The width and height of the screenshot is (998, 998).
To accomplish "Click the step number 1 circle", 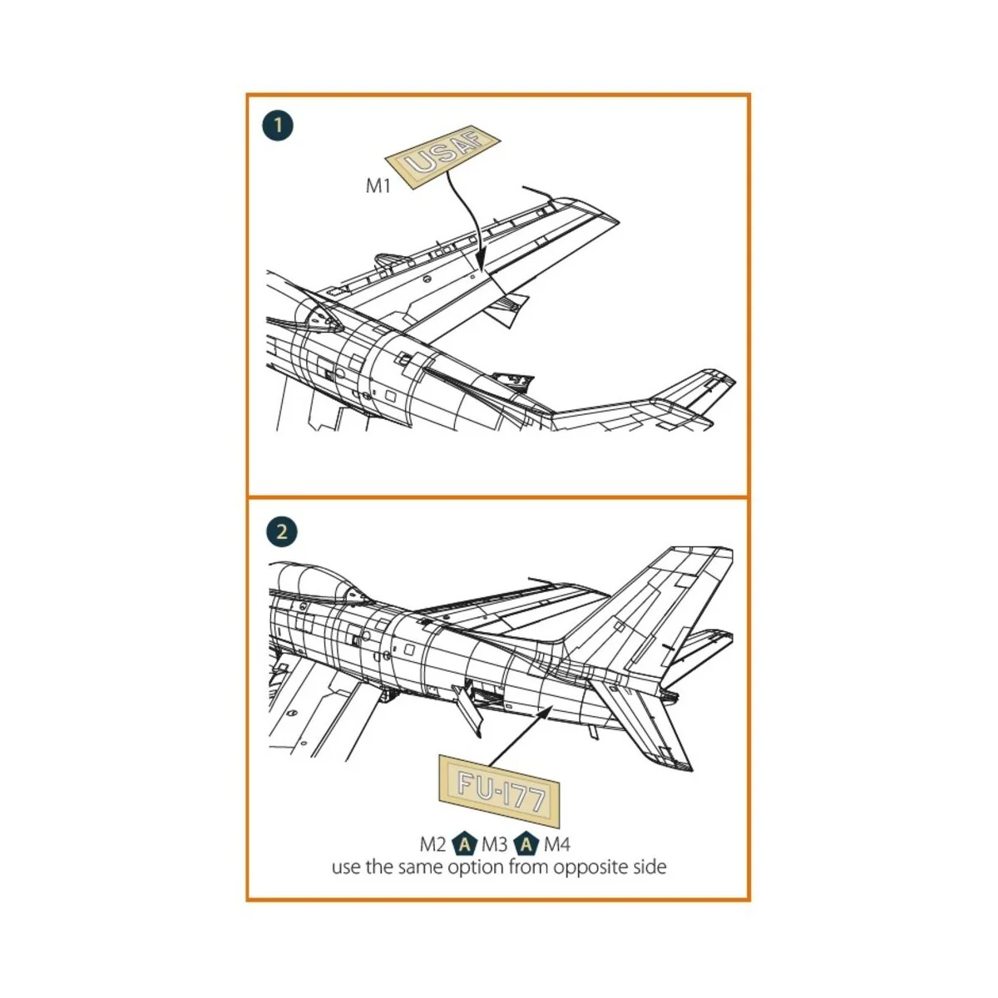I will pyautogui.click(x=278, y=126).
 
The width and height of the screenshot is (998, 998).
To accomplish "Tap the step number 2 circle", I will pyautogui.click(x=281, y=531).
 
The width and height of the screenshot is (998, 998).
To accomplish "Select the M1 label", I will pyautogui.click(x=378, y=185).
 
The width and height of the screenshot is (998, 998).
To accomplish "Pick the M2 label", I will pyautogui.click(x=432, y=845).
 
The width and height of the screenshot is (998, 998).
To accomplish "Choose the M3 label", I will pyautogui.click(x=494, y=845).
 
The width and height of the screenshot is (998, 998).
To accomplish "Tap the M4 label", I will pyautogui.click(x=557, y=845).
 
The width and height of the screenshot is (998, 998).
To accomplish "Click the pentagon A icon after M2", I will pyautogui.click(x=464, y=845).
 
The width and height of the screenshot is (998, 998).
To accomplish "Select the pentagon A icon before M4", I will pyautogui.click(x=526, y=845).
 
